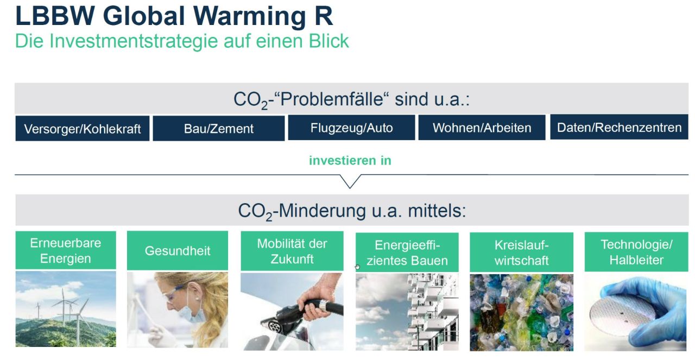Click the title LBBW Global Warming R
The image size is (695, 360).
[174, 16]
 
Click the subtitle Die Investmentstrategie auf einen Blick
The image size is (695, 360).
[182, 41]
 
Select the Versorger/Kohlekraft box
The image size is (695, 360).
[83, 129]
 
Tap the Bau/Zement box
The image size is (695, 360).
[219, 129]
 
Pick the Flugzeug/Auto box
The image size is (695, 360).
[351, 128]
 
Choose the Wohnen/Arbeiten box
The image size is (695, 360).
[482, 128]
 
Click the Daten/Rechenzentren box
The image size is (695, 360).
[619, 127]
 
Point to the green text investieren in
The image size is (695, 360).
[350, 161]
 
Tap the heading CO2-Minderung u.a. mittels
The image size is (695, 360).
[351, 210]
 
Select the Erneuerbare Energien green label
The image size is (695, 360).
[66, 250]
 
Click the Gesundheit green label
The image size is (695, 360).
[178, 251]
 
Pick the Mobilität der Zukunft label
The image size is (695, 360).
[292, 251]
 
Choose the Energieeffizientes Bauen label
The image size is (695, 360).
[407, 253]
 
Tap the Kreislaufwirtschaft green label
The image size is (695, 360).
[521, 252]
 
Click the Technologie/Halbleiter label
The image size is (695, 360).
[636, 252]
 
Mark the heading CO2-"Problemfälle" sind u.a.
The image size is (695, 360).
[351, 99]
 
